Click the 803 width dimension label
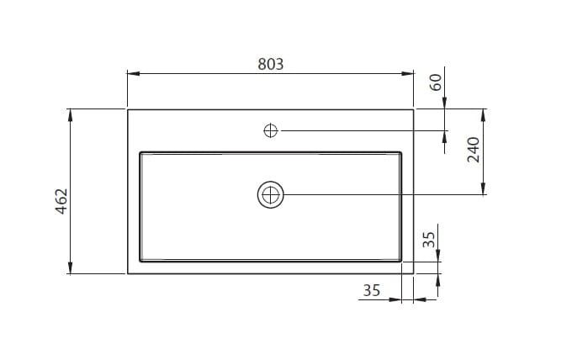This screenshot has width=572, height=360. (x=270, y=64)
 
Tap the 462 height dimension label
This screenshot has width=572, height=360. (x=61, y=201)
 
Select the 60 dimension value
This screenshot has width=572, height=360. (x=436, y=82)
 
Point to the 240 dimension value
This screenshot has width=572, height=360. (x=474, y=150)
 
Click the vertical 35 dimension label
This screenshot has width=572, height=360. (x=429, y=240)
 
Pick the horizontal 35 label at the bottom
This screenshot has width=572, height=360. (x=372, y=291)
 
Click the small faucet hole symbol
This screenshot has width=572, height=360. (x=270, y=130)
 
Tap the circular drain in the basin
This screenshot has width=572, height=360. (x=270, y=195)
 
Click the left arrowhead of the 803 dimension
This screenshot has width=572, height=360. (x=134, y=74)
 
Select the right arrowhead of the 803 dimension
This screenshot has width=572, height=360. (x=407, y=74)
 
